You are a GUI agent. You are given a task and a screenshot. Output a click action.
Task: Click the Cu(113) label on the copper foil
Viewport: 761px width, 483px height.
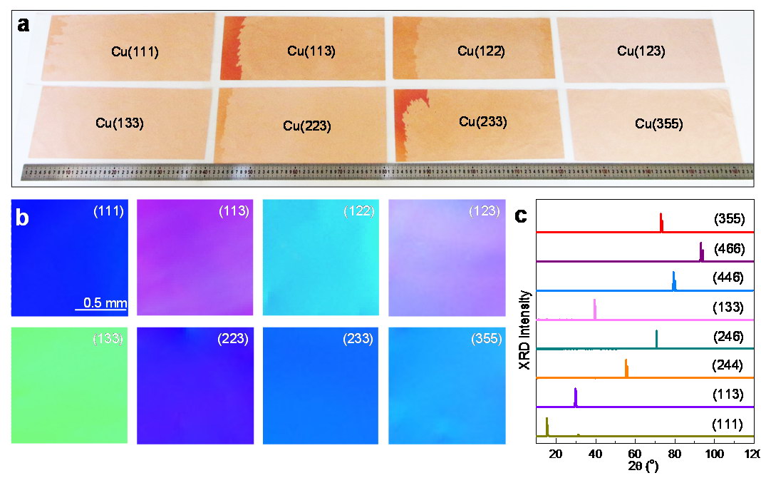[311, 51]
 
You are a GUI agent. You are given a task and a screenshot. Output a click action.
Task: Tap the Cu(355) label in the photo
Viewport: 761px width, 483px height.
[658, 124]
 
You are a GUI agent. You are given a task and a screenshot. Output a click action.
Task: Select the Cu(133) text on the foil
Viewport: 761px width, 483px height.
[120, 123]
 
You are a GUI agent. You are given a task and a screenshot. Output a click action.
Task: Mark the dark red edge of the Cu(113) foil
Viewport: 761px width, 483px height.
[233, 50]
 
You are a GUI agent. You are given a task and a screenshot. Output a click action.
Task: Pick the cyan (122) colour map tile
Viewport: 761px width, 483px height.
[321, 257]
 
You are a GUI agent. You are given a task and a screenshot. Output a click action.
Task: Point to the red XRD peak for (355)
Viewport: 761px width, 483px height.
[662, 221]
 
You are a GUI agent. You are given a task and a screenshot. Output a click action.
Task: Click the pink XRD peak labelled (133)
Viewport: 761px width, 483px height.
[594, 309]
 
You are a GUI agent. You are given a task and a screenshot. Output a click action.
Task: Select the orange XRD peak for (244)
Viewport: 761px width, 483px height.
[626, 367]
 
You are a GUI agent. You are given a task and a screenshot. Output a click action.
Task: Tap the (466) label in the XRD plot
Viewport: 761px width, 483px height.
[728, 249]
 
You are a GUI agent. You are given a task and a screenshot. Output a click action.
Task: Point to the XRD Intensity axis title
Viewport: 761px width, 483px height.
[525, 330]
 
